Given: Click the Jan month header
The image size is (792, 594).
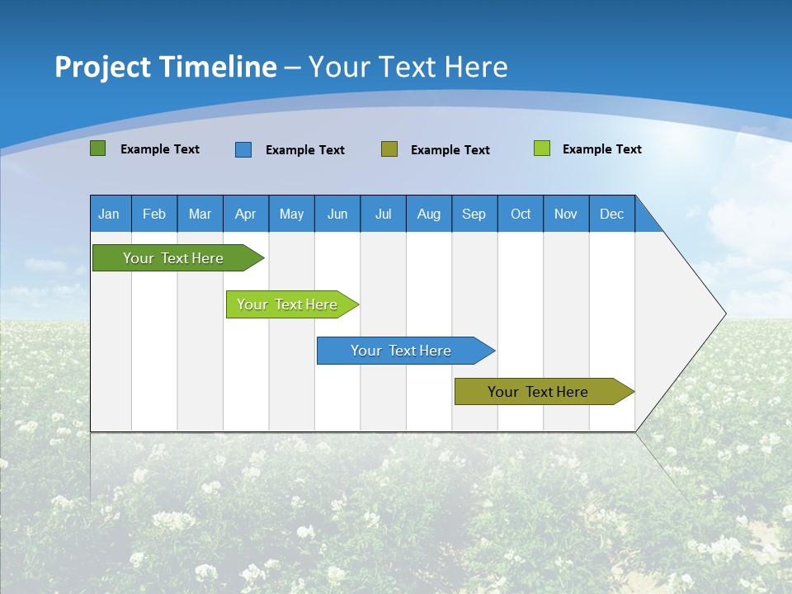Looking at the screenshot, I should tap(110, 214).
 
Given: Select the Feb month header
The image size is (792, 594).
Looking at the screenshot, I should tap(154, 214).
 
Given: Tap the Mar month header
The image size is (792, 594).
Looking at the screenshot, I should tap(200, 214).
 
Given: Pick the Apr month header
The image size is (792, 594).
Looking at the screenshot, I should tap(246, 214).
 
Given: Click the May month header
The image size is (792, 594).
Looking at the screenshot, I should tap(291, 214).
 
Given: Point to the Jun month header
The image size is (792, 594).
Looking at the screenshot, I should tap(337, 214).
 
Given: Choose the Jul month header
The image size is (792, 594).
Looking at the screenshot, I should tap(383, 214).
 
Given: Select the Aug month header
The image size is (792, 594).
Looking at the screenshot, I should tap(429, 214).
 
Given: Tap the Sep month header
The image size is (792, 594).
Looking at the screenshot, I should tap(474, 214).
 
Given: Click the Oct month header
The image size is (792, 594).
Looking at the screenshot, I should tap(521, 214).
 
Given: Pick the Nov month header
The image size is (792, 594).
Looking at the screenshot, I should tap(566, 214).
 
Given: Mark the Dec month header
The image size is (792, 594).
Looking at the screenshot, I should tap(612, 214).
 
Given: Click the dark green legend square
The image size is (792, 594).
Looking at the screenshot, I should tap(98, 148).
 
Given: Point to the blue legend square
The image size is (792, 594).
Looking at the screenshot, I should tap(243, 149).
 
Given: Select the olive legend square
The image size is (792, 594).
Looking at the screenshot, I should tap(389, 148).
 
